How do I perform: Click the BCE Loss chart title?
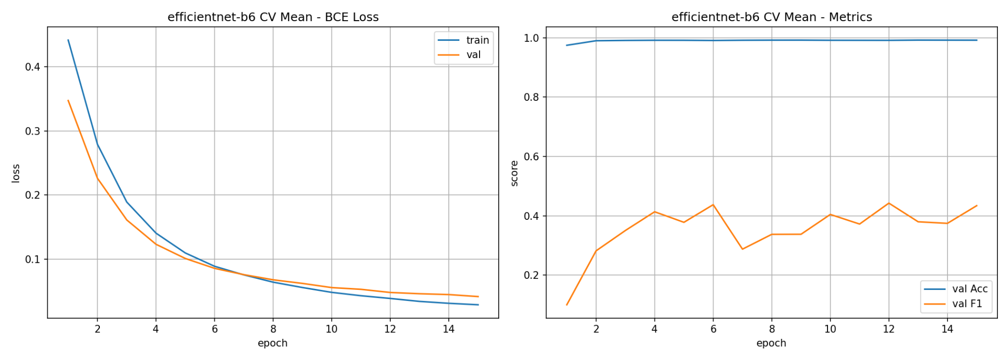(x=273, y=17)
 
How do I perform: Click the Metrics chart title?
(x=772, y=17)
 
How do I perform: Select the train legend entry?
(x=463, y=40)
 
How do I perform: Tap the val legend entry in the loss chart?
(x=459, y=55)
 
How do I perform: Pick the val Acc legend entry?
(x=956, y=289)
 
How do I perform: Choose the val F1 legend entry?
(x=953, y=304)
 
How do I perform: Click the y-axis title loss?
(x=16, y=173)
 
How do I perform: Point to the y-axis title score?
(x=514, y=173)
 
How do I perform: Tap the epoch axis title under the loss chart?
(x=273, y=343)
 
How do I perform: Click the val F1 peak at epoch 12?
(x=888, y=203)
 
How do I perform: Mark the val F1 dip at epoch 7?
(x=742, y=249)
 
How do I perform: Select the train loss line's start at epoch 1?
(x=68, y=40)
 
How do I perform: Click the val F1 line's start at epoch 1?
(x=567, y=305)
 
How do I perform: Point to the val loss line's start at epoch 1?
(x=68, y=100)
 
